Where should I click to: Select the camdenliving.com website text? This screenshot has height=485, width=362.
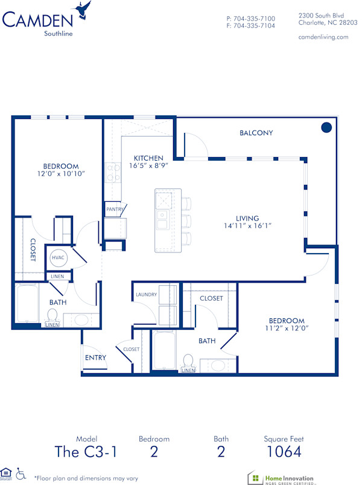point(323,37)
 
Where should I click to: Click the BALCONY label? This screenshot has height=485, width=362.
point(256,133)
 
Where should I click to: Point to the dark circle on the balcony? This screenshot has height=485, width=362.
point(326,127)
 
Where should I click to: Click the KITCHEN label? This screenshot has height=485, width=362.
point(148,158)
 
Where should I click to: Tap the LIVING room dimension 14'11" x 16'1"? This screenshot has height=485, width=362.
point(247,226)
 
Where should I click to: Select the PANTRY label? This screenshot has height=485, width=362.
point(115,210)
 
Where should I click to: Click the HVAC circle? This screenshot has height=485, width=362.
point(59,257)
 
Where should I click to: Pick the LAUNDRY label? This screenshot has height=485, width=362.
point(146,295)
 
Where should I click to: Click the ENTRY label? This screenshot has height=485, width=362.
point(95,358)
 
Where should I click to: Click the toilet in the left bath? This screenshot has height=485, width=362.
point(52,315)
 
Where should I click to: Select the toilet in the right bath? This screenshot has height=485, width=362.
point(188,361)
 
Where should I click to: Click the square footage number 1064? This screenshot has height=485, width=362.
point(282,451)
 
